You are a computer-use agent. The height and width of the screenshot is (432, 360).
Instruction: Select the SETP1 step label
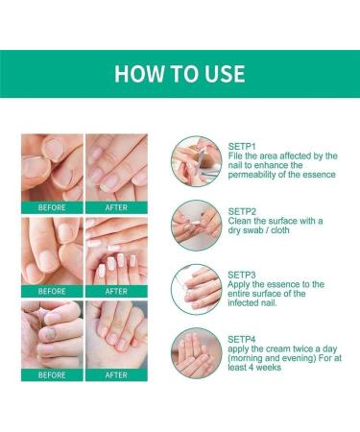[243, 145]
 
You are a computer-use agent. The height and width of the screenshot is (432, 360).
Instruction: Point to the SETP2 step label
[243, 210]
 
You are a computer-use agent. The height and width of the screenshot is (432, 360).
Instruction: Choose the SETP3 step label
[243, 274]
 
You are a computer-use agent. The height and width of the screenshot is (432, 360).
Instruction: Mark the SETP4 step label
[243, 338]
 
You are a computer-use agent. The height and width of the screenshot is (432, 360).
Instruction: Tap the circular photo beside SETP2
[196, 224]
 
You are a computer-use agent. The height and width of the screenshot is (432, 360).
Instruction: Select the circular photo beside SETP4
[196, 352]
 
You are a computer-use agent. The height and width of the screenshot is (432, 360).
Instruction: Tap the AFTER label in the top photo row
[115, 206]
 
